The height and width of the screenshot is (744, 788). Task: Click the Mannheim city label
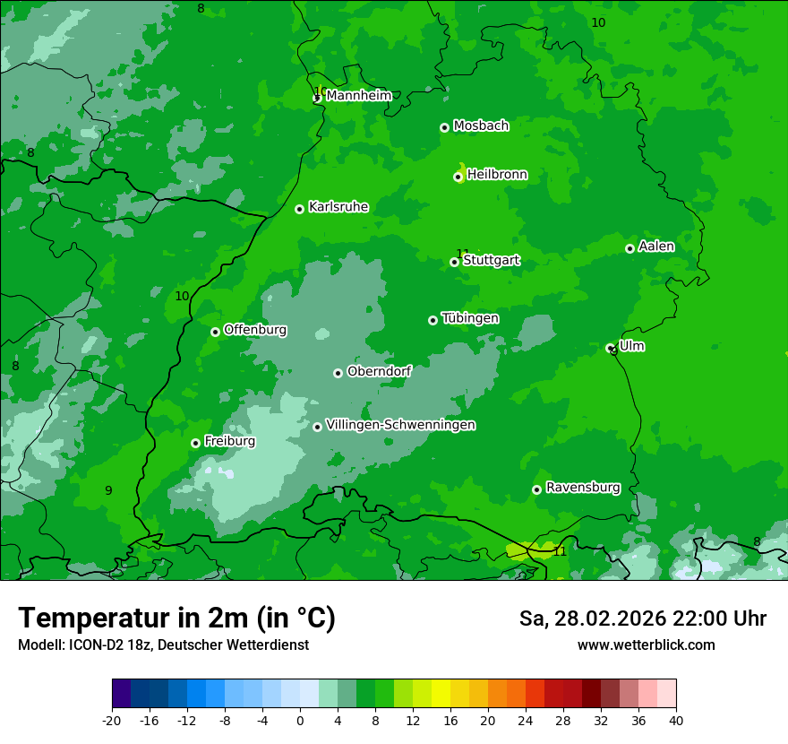coord(358,96)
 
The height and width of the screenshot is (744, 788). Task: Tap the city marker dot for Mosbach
coord(444,127)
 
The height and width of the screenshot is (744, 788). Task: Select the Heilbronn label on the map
coord(497,175)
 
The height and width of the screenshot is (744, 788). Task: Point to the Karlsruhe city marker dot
coord(299,209)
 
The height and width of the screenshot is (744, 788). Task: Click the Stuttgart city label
coord(491,261)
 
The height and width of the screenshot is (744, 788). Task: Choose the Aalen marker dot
coord(630,248)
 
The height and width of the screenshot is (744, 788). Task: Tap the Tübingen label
coord(470,318)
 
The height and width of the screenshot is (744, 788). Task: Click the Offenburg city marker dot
coord(215,332)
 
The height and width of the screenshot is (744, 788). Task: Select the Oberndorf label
coord(379,371)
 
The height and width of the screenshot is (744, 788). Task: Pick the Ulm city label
coord(631,346)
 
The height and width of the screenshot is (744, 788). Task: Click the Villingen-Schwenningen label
coord(400,425)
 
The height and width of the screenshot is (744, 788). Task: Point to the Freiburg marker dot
coord(195,443)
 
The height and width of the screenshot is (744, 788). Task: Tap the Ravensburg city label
coord(583,488)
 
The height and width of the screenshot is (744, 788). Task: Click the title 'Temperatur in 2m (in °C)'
coord(176,618)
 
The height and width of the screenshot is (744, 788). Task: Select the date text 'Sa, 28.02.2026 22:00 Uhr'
coord(642,619)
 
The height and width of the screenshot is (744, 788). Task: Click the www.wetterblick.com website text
coord(646,645)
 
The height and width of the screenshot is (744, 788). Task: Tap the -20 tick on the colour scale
coord(112,720)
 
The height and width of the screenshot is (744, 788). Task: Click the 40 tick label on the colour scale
coord(675,720)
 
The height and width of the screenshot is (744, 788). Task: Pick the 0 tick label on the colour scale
coord(300,720)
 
